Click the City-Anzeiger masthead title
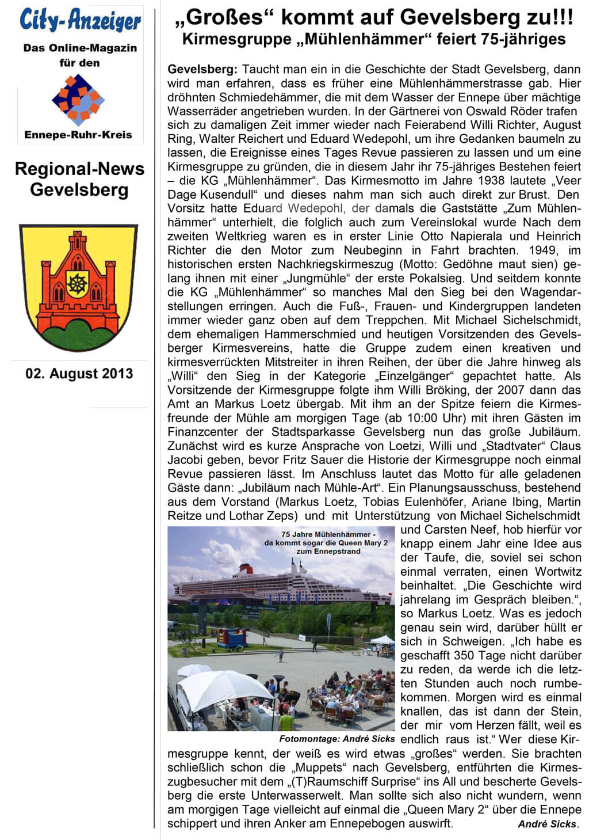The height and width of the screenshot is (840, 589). tap(80, 21)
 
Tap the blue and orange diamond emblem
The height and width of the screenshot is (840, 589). tap(78, 100)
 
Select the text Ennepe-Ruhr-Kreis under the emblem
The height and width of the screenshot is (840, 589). tap(78, 135)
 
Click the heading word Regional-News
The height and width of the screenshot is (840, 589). tap(79, 169)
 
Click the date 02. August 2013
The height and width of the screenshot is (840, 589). tap(79, 374)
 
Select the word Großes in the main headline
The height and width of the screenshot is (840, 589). tap(225, 17)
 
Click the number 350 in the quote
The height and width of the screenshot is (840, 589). tap(464, 655)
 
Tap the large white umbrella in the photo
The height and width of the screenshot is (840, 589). tap(217, 690)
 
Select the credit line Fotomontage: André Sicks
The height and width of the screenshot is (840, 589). tap(337, 739)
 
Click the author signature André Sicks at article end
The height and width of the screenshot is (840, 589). tap(547, 824)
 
